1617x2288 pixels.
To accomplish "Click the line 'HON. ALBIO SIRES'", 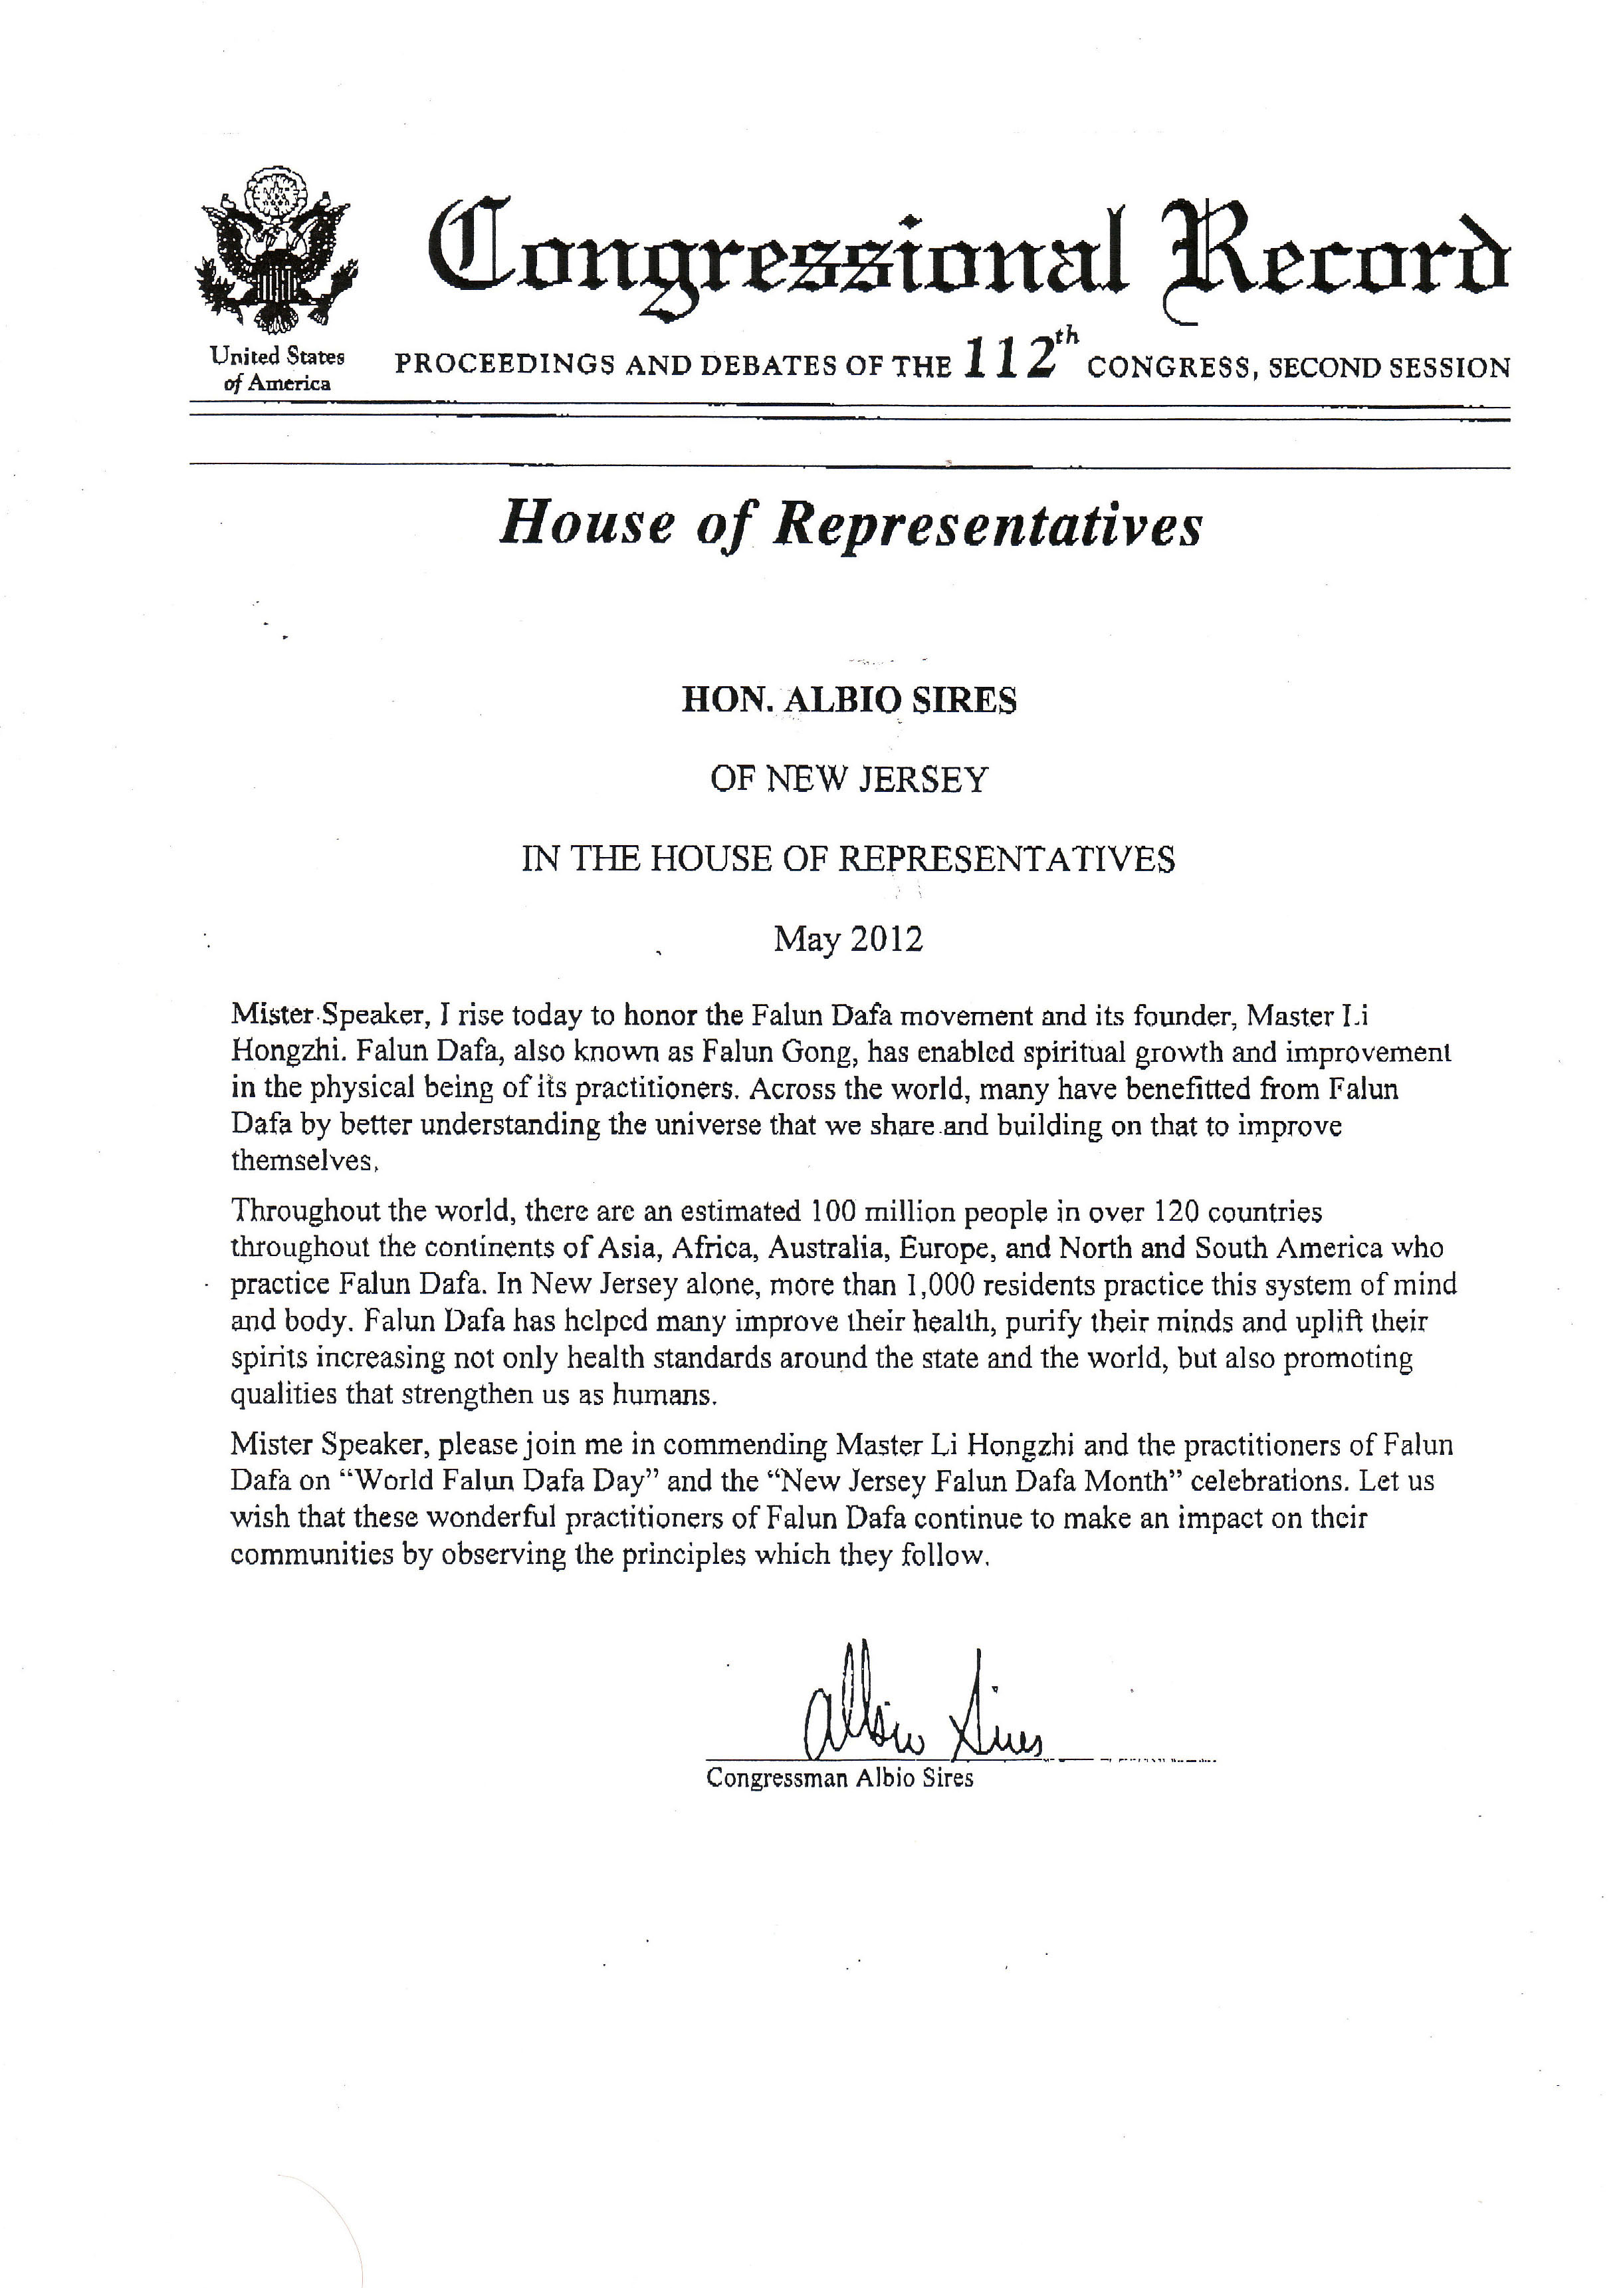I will point(849,701).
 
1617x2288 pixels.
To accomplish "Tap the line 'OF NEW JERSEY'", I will point(849,779).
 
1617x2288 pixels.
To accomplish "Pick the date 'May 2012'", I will point(849,939).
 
